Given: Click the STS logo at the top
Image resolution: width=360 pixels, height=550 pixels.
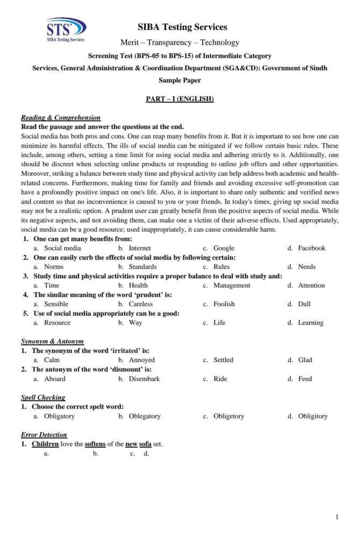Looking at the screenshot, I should click(x=66, y=30).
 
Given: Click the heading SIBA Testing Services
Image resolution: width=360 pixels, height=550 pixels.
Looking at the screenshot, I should click(x=182, y=27).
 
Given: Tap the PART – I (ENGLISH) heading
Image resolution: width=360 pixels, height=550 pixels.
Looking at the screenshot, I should click(x=180, y=99).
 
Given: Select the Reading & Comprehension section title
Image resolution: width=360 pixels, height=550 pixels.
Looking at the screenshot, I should click(x=60, y=118).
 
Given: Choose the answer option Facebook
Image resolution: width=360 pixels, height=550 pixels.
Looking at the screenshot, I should click(x=312, y=248).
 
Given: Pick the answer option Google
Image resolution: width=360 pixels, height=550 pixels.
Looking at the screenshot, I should click(x=224, y=248).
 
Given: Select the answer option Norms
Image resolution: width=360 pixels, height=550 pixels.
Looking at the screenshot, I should click(x=54, y=266).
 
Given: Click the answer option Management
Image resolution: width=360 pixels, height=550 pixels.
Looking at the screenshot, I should click(x=232, y=285).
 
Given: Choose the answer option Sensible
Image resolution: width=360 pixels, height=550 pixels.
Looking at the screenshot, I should click(x=56, y=304).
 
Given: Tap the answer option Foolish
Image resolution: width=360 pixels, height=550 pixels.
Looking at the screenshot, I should click(x=224, y=304).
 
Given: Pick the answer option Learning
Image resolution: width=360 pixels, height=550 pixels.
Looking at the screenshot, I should click(x=311, y=323).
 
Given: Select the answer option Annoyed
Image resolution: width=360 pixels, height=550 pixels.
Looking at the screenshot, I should click(x=141, y=360).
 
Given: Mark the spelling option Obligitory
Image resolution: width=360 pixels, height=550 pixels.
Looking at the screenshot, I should click(x=313, y=416).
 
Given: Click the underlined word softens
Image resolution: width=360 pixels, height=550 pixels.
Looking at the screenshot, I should click(x=95, y=444).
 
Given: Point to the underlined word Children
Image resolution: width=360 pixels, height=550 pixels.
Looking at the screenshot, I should click(x=45, y=444).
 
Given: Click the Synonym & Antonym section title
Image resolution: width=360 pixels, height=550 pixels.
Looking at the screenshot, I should click(x=52, y=342).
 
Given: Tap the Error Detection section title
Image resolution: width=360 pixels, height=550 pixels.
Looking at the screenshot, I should click(x=44, y=435).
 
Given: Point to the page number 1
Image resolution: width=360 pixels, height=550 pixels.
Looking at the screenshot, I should click(x=337, y=517).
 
